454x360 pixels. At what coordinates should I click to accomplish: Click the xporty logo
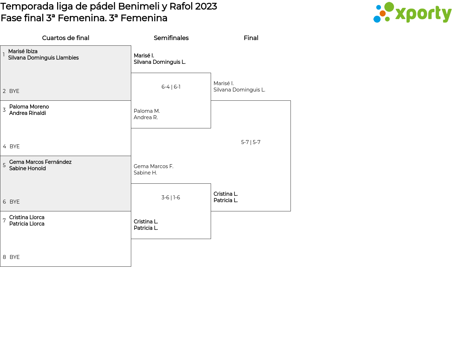point(412,12)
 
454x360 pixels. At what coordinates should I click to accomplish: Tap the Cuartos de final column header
point(66,38)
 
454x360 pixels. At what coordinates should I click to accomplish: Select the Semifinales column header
point(171,38)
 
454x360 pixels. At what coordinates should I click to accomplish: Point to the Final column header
point(251,38)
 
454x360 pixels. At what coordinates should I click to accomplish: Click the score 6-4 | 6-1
point(171,87)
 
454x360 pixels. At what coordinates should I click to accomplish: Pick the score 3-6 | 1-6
point(171,198)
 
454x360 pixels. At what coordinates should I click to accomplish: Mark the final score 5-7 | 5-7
point(251,142)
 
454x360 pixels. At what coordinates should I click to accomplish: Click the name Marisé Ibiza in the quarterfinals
point(23,51)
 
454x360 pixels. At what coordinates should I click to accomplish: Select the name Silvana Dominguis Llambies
point(44,58)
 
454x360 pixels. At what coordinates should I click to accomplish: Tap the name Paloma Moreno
point(29,106)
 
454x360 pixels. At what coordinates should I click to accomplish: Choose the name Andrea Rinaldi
point(28,113)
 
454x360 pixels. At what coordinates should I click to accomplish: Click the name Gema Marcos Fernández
point(40,162)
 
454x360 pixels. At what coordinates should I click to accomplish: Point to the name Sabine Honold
point(27,168)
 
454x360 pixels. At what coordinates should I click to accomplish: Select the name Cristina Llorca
point(27,217)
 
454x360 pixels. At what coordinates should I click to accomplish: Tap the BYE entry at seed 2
point(14,91)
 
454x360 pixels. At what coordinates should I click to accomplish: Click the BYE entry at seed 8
point(15,257)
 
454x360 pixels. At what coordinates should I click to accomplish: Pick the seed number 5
point(4,165)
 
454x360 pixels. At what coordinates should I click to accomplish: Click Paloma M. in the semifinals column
point(147,111)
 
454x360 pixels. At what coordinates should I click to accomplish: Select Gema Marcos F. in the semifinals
point(154,166)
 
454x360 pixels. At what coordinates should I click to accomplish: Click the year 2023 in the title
point(206,6)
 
